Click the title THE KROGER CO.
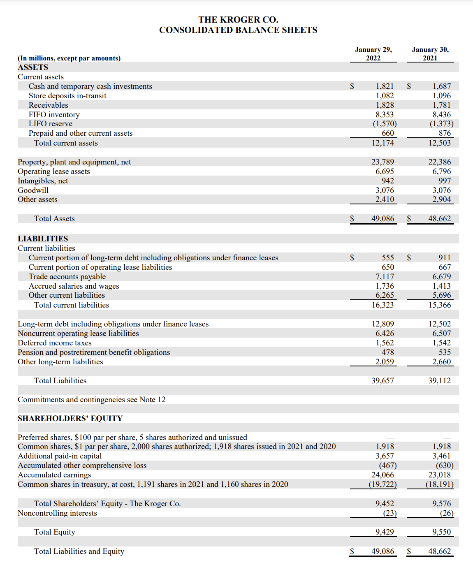coord(238,20)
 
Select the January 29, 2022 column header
coord(373,54)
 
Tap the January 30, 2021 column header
coord(430,54)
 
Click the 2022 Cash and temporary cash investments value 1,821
coord(385,86)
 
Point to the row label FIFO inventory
coord(54,115)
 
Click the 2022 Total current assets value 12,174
coord(383,143)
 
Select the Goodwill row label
coord(33,190)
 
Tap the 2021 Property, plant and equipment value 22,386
coord(439,162)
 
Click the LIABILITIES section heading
coord(43,239)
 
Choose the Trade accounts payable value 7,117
coord(385,277)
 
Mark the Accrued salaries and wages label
coord(74,286)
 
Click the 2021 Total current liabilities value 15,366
coord(439,305)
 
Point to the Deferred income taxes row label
coord(54,343)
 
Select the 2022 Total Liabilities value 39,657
coord(383,381)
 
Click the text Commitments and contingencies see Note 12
coord(91,400)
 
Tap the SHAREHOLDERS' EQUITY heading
coord(70,419)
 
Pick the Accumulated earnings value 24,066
coord(383,475)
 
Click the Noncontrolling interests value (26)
coord(446,513)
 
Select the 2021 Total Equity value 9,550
coord(441,532)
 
